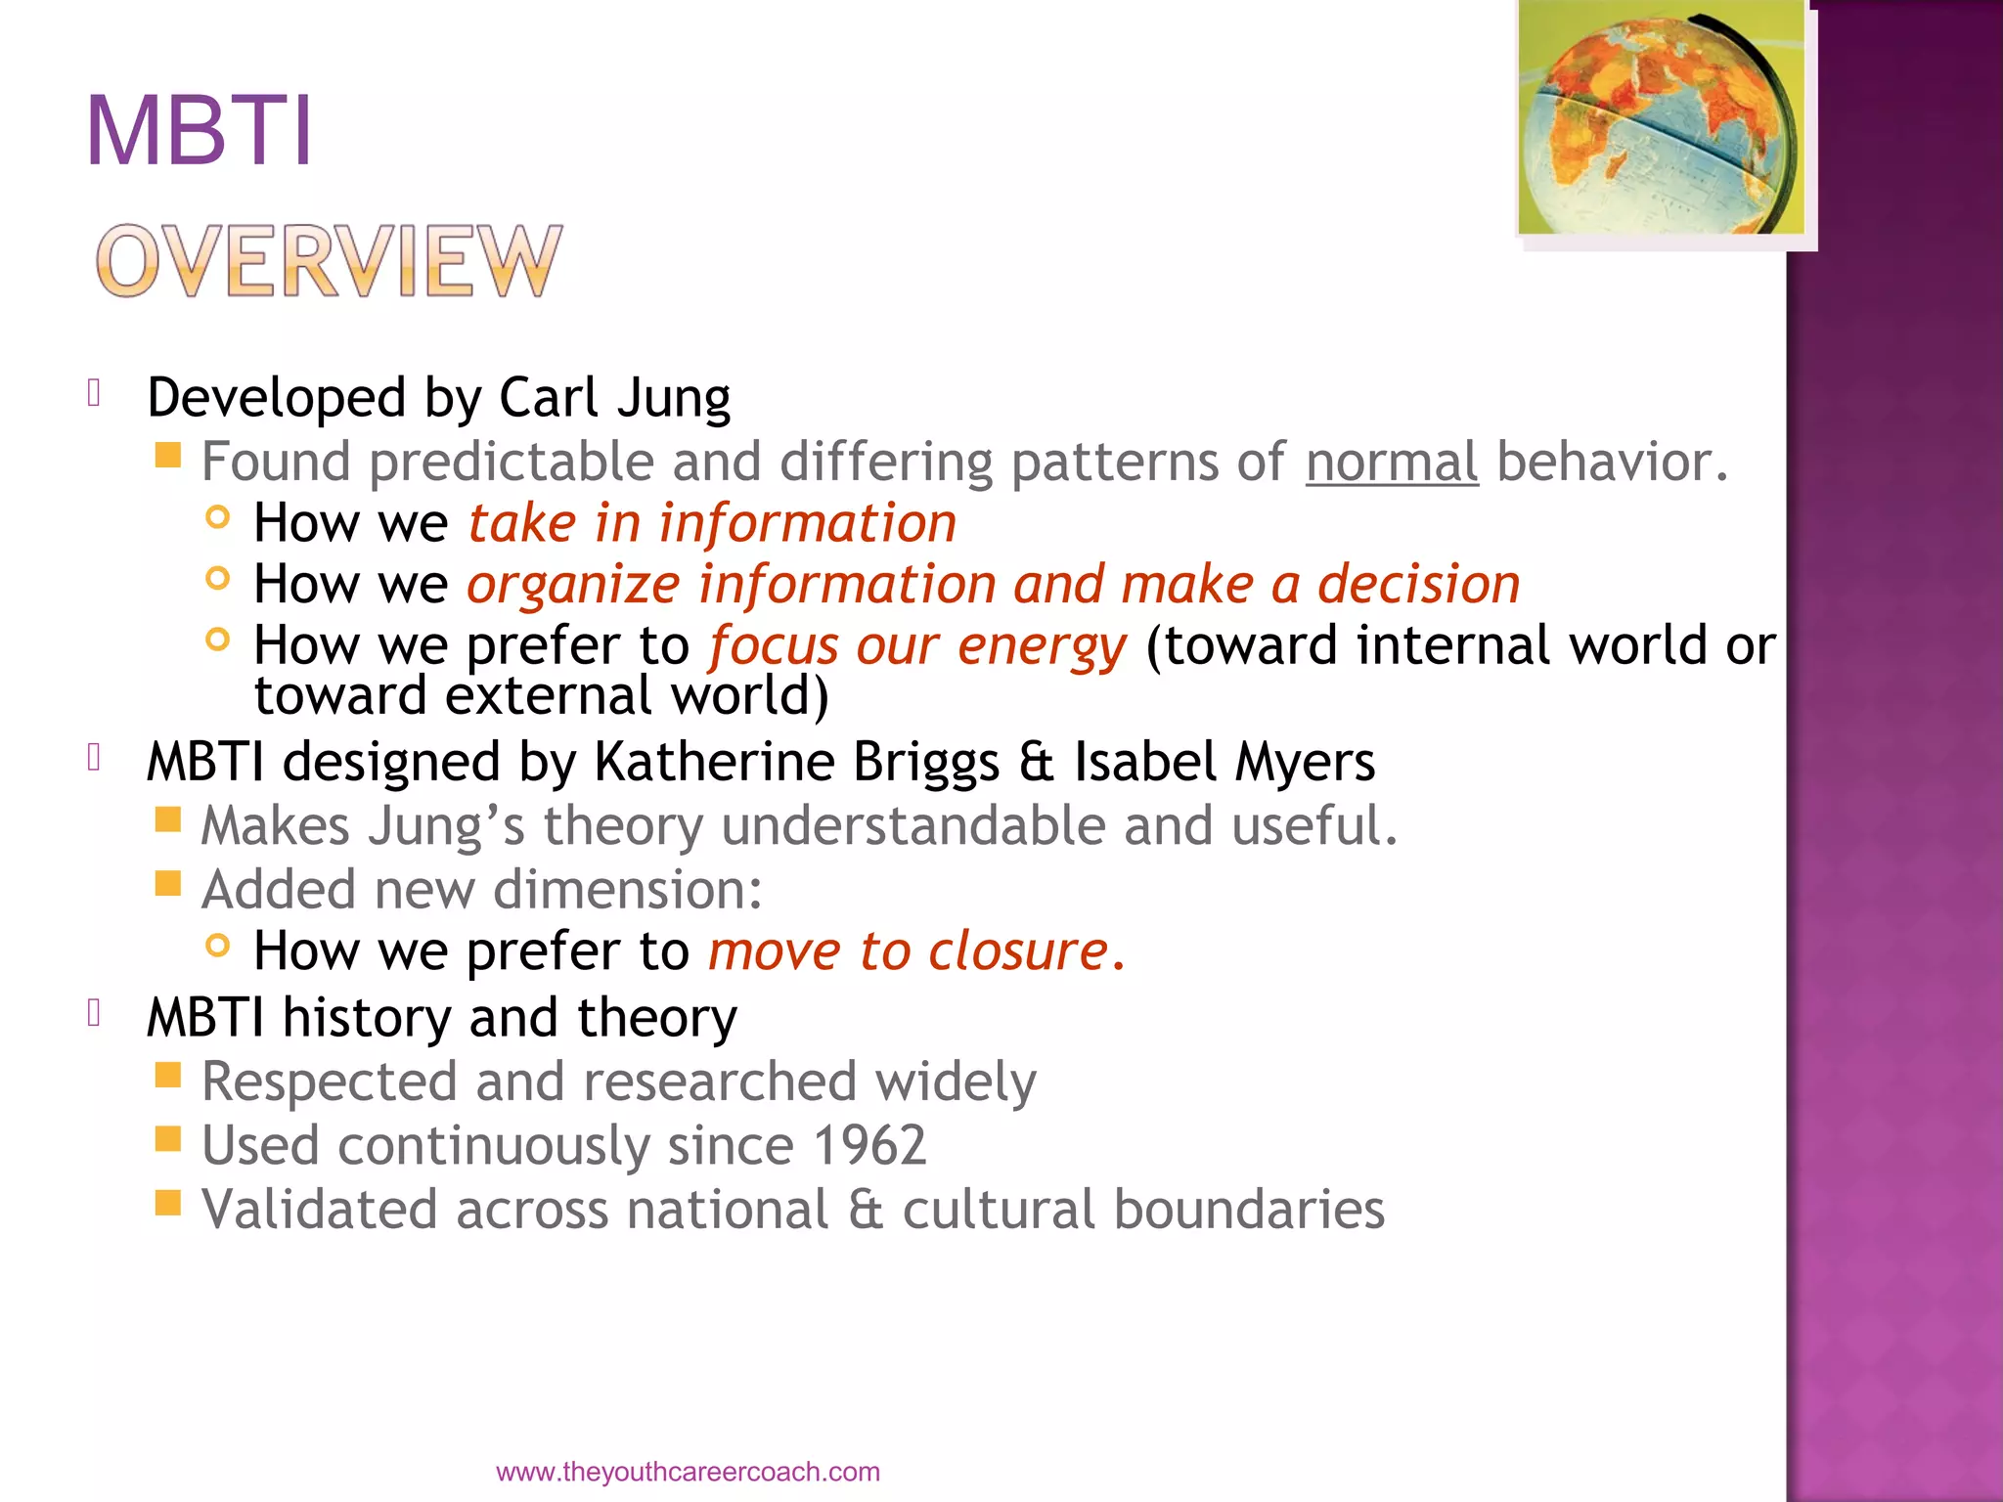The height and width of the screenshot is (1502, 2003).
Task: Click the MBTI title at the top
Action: [200, 132]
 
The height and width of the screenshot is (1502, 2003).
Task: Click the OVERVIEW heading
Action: [329, 261]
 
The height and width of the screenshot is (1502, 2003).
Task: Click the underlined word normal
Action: [1391, 462]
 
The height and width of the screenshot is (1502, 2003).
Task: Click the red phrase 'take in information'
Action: [711, 523]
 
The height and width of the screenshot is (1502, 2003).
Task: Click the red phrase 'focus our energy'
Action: [917, 646]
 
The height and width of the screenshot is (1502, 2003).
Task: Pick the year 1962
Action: [868, 1145]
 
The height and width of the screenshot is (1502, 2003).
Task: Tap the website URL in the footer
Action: [688, 1472]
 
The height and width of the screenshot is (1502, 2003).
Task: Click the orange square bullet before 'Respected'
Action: [168, 1076]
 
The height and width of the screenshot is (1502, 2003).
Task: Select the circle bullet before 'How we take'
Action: [218, 517]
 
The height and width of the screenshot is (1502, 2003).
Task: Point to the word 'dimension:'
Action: [627, 890]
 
